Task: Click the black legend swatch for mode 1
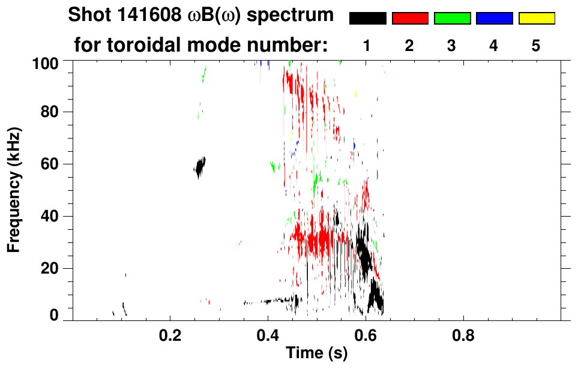tap(367, 19)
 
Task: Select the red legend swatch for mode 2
tap(410, 19)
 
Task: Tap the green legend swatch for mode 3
tap(452, 19)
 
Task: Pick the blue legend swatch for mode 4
tap(494, 19)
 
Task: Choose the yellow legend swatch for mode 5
tap(536, 19)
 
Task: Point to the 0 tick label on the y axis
tap(54, 316)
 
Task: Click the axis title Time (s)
tap(316, 354)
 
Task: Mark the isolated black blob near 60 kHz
tap(200, 166)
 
